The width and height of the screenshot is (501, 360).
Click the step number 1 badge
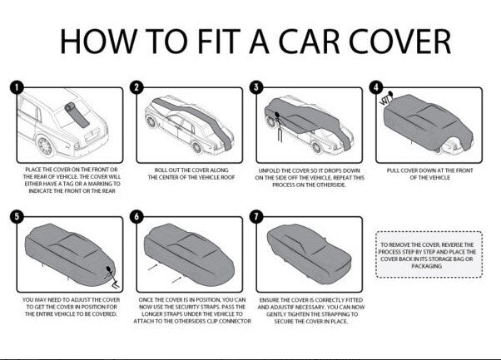pyautogui.click(x=17, y=87)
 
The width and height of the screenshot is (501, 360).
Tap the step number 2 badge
pyautogui.click(x=136, y=87)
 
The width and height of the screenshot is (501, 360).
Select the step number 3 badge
pyautogui.click(x=256, y=87)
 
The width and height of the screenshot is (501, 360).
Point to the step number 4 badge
pyautogui.click(x=376, y=87)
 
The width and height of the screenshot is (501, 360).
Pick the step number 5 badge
pyautogui.click(x=17, y=217)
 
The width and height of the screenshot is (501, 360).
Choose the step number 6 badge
pyautogui.click(x=136, y=217)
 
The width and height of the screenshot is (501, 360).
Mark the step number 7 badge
pyautogui.click(x=256, y=217)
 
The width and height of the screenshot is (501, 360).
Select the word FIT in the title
pyautogui.click(x=219, y=42)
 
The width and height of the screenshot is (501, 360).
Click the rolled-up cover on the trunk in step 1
pyautogui.click(x=77, y=115)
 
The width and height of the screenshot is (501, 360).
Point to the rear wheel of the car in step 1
pyautogui.click(x=45, y=146)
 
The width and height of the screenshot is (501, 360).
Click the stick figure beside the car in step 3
pyautogui.click(x=279, y=126)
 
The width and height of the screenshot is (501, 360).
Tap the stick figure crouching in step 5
pyautogui.click(x=112, y=276)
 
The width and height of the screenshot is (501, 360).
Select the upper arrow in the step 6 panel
pyautogui.click(x=153, y=268)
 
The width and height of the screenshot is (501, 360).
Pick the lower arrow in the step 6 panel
pyautogui.click(x=176, y=280)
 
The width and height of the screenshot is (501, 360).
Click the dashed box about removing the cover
pyautogui.click(x=429, y=254)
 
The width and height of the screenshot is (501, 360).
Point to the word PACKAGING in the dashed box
pyautogui.click(x=427, y=266)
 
